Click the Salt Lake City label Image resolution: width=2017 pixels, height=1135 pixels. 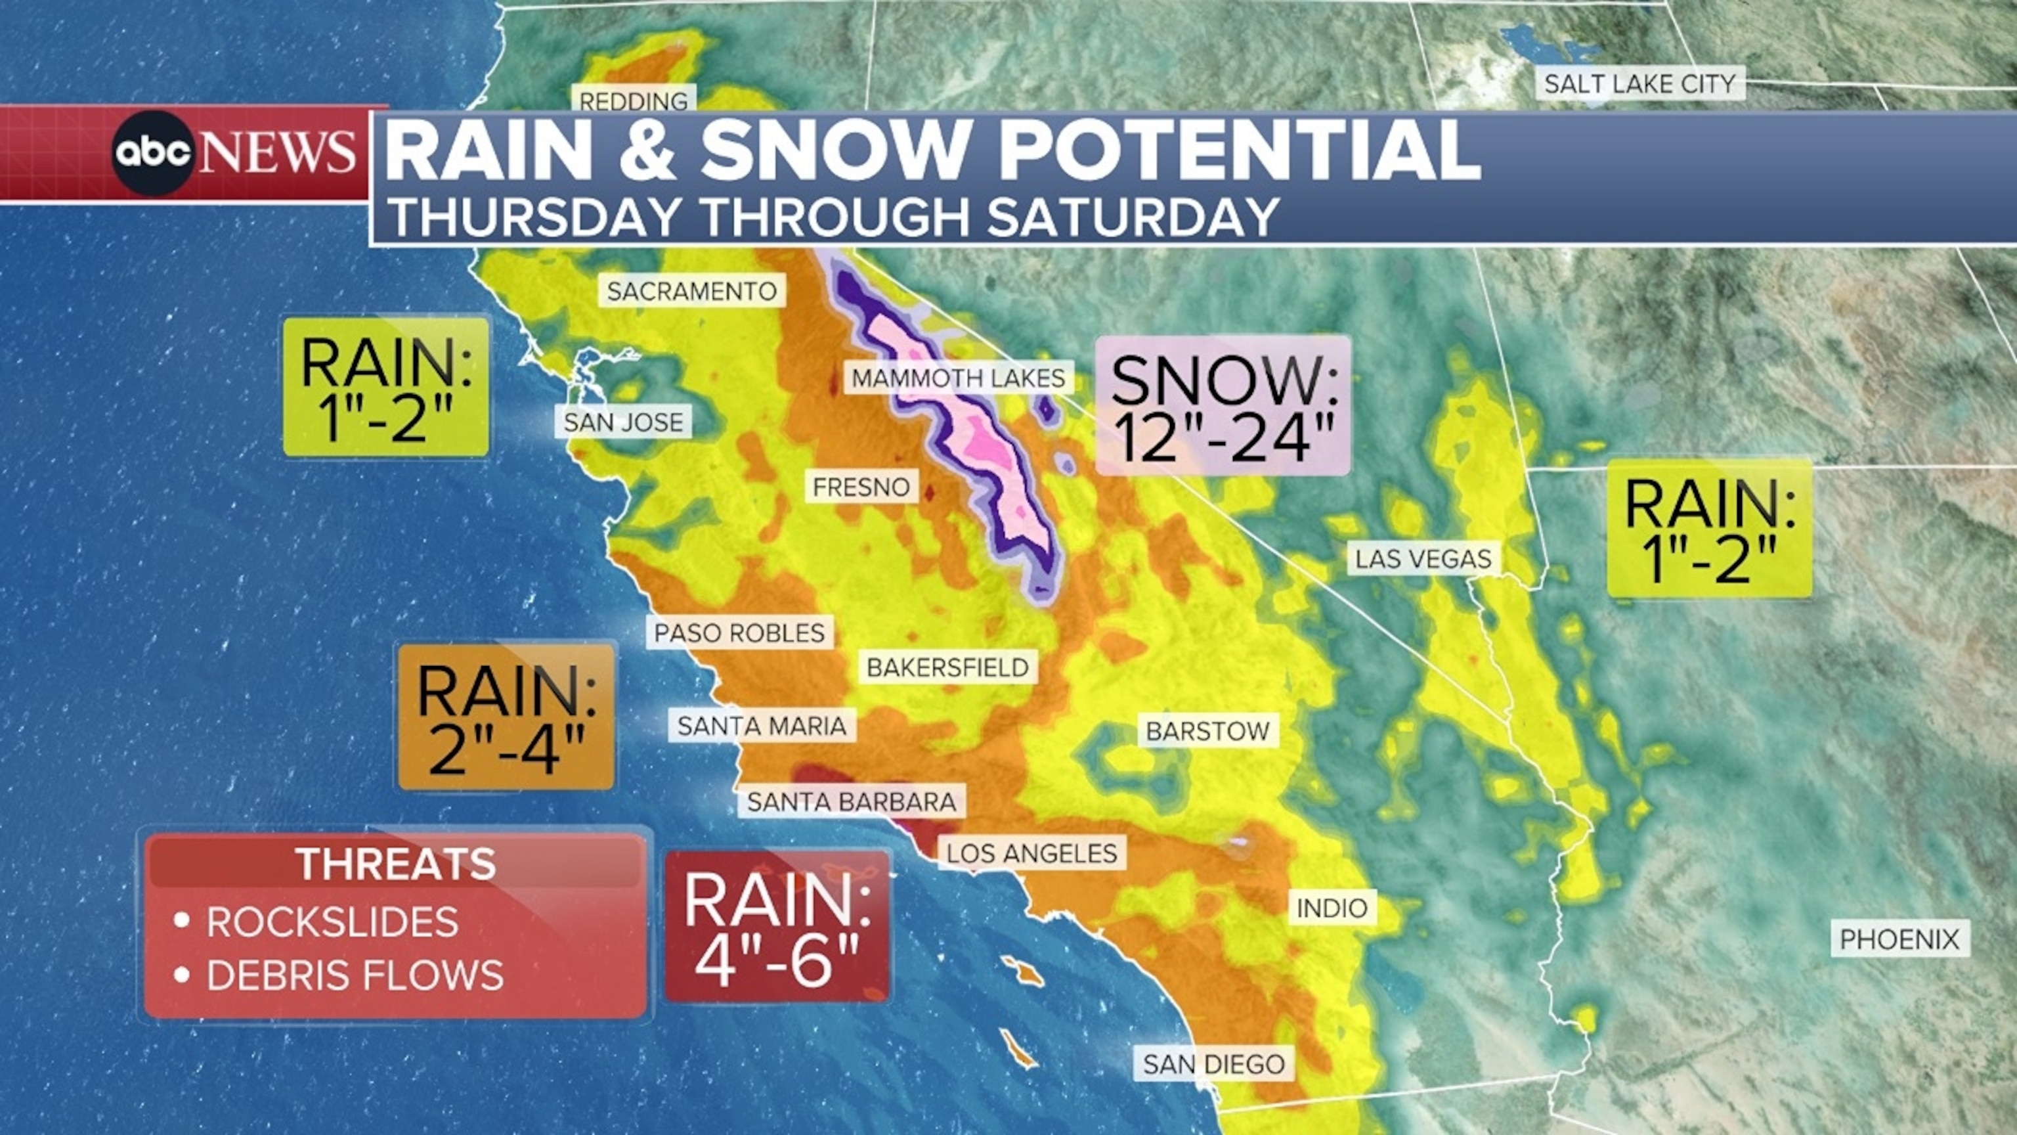[1639, 83]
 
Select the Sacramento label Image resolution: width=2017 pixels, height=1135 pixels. [692, 292]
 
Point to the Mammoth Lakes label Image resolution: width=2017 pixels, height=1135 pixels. [959, 378]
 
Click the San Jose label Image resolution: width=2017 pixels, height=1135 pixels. [623, 422]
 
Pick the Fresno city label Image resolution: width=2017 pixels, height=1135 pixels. [861, 487]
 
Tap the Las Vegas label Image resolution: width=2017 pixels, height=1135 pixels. [1423, 559]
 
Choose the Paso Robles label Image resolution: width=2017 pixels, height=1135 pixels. [740, 632]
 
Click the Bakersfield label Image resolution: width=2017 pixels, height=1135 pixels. [947, 667]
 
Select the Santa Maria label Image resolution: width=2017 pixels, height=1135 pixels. [762, 726]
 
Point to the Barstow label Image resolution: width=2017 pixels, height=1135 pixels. [1208, 731]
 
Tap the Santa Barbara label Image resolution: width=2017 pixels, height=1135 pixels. [852, 802]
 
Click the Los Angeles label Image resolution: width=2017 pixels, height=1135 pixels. [1032, 853]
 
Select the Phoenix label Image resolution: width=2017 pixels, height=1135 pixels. [1899, 939]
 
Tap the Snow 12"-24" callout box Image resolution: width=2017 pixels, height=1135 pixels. [1223, 406]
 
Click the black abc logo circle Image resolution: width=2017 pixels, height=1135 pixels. [153, 153]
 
